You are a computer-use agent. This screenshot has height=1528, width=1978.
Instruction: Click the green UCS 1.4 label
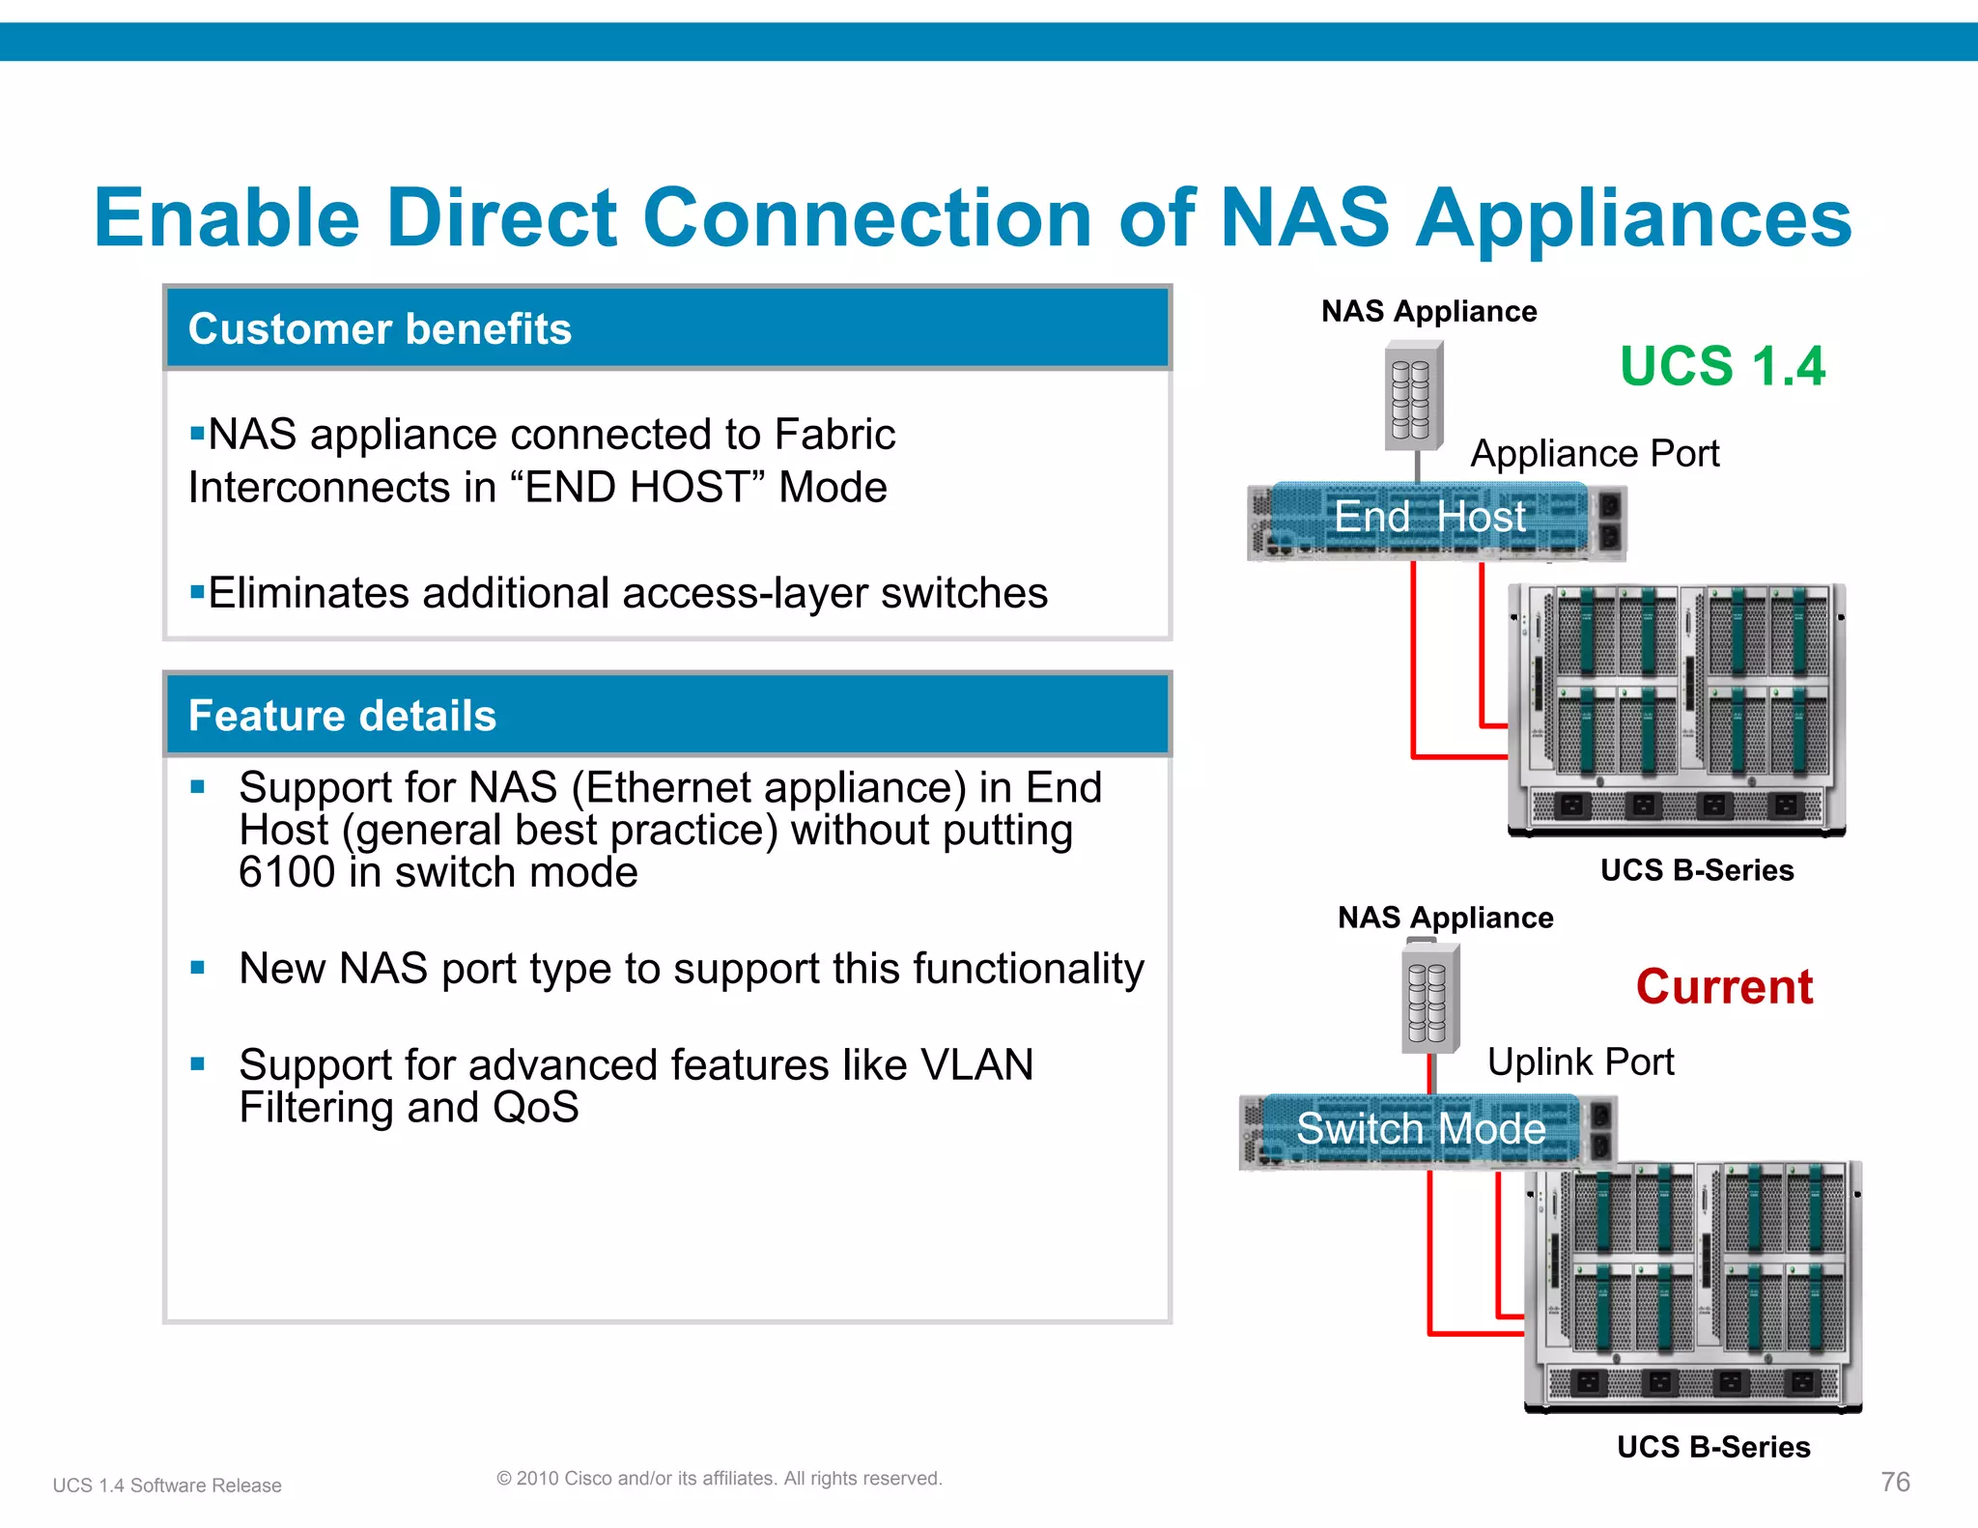tap(1722, 367)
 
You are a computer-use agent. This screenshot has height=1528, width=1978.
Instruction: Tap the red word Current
tap(1724, 987)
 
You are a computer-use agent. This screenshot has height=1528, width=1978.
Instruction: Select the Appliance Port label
tap(1595, 454)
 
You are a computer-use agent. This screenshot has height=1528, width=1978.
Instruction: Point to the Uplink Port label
tap(1580, 1061)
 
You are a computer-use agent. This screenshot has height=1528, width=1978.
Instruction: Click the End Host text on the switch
tap(1429, 517)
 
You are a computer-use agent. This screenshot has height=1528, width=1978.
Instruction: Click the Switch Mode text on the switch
tap(1421, 1128)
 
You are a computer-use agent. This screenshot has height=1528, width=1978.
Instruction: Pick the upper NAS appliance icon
tap(1413, 397)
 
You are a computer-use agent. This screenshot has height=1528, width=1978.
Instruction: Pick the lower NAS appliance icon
tap(1429, 1000)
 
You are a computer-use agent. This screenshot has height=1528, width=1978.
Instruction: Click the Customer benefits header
tap(380, 329)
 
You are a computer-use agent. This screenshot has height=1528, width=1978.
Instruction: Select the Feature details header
tap(342, 716)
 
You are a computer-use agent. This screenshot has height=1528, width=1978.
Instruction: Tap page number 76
tap(1895, 1482)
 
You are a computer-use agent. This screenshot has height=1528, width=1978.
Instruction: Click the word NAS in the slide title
tap(1304, 218)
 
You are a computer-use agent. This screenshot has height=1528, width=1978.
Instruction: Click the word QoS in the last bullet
tap(535, 1108)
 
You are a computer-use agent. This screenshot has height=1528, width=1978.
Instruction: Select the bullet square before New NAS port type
tap(198, 968)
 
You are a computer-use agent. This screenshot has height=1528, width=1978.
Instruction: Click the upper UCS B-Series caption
tap(1696, 870)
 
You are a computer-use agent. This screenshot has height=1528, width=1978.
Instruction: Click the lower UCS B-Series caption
tap(1712, 1447)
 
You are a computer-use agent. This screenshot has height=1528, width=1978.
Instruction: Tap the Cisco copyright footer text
tap(719, 1479)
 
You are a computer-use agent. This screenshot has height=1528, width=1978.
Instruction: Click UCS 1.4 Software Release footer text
tap(167, 1486)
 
